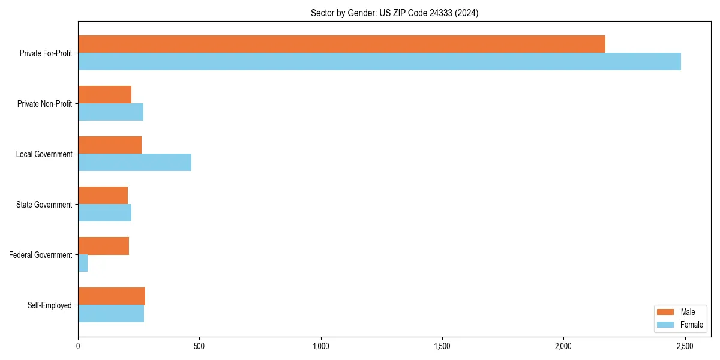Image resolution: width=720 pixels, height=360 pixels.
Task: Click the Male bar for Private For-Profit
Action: coord(341,44)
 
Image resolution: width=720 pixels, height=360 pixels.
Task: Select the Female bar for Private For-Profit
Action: coord(379,61)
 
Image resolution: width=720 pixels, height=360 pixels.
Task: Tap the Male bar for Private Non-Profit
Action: coord(104,94)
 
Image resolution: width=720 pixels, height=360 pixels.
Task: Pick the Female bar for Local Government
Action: coord(134,162)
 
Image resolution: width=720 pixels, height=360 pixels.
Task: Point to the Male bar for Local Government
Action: coord(110,145)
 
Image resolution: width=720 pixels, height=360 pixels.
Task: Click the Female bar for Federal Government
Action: coord(83,263)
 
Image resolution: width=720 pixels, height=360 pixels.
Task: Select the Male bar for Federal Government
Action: coord(103,245)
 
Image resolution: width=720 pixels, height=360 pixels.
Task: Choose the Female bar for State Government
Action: coord(104,212)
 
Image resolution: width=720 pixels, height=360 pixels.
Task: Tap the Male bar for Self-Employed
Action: coord(112,296)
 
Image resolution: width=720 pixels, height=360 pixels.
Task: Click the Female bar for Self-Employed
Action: coord(111,313)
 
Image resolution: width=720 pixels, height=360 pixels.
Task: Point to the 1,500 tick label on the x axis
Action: coord(442,347)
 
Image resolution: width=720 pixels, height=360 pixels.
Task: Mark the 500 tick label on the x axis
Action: coord(199,347)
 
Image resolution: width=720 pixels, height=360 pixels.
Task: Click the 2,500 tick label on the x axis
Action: coord(685,347)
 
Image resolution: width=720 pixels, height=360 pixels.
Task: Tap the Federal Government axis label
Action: coord(41,255)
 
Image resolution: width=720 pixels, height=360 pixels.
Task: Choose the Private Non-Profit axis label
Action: coord(44,104)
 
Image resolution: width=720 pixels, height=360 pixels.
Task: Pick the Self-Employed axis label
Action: coord(50,305)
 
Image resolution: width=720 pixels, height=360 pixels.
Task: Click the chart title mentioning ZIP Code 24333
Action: coord(394,13)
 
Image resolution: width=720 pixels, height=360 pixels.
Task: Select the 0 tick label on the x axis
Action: coord(78,347)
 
